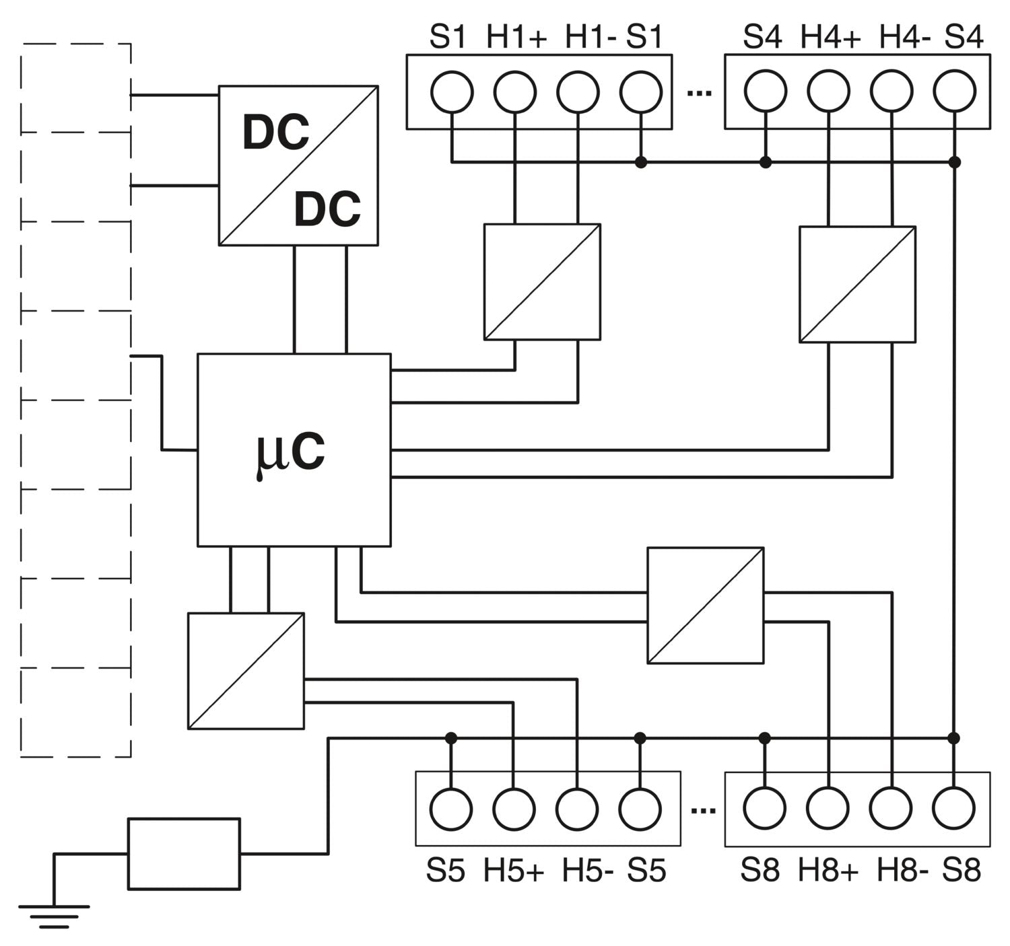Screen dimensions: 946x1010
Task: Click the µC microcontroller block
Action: pyautogui.click(x=294, y=449)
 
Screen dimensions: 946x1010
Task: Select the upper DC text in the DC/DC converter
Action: pyautogui.click(x=275, y=133)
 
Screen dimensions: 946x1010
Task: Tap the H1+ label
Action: pyautogui.click(x=516, y=37)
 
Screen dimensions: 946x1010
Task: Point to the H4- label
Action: pyautogui.click(x=904, y=37)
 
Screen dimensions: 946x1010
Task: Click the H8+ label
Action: pyautogui.click(x=828, y=871)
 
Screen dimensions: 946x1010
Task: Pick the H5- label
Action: pyautogui.click(x=587, y=871)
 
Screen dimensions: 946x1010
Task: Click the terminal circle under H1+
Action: pyautogui.click(x=515, y=92)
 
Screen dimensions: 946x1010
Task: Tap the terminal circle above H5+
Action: pyautogui.click(x=514, y=809)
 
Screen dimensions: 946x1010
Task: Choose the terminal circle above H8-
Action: pyautogui.click(x=891, y=808)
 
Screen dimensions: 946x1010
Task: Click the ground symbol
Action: pyautogui.click(x=54, y=915)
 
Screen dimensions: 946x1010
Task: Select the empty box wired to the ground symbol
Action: pyautogui.click(x=184, y=853)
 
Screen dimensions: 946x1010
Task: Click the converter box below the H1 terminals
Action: pyautogui.click(x=542, y=282)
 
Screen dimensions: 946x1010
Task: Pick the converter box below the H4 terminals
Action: pyautogui.click(x=857, y=284)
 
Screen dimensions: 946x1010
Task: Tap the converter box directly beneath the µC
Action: pyautogui.click(x=246, y=671)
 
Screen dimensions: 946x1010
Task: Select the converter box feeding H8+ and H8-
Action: pyautogui.click(x=705, y=606)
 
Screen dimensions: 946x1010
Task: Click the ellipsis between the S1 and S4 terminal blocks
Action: pyautogui.click(x=699, y=92)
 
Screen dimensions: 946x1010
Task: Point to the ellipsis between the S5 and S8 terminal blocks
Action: pyautogui.click(x=703, y=810)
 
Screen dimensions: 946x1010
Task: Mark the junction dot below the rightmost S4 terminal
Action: pyautogui.click(x=954, y=162)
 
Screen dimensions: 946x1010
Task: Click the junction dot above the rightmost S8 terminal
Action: pyautogui.click(x=953, y=738)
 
